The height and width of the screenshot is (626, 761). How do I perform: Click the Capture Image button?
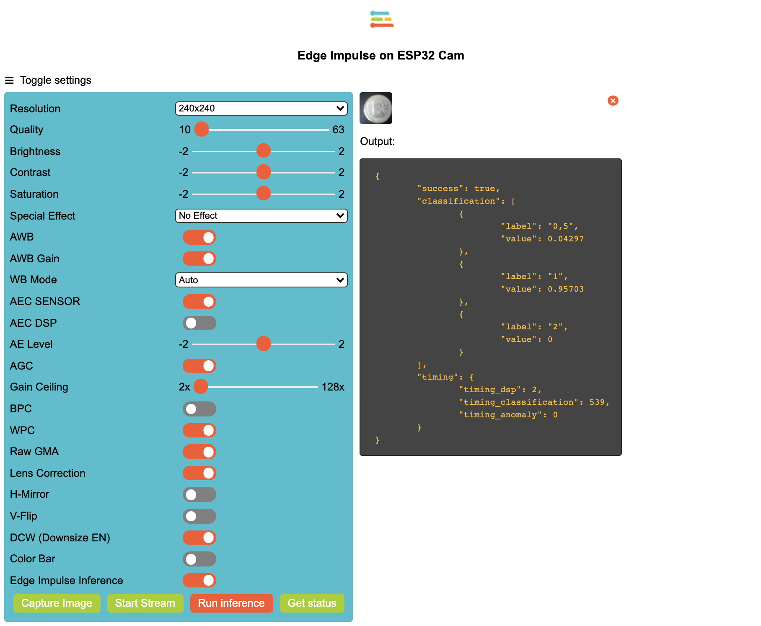pyautogui.click(x=57, y=603)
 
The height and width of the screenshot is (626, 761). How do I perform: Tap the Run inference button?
pyautogui.click(x=231, y=603)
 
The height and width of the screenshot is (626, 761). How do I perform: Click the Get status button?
pyautogui.click(x=312, y=603)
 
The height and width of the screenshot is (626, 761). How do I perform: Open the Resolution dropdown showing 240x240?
pyautogui.click(x=261, y=109)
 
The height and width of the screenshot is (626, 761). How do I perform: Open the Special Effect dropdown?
pyautogui.click(x=261, y=216)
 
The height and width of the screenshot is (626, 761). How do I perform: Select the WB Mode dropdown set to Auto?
pyautogui.click(x=261, y=280)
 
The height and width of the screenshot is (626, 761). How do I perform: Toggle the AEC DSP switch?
pyautogui.click(x=199, y=323)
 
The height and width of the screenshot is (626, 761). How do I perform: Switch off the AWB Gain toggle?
pyautogui.click(x=199, y=259)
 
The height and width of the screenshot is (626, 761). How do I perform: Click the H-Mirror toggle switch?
pyautogui.click(x=199, y=494)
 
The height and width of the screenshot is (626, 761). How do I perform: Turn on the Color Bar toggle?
pyautogui.click(x=199, y=559)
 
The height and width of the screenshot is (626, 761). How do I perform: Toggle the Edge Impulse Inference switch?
pyautogui.click(x=199, y=580)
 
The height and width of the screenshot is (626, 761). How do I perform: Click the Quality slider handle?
pyautogui.click(x=202, y=129)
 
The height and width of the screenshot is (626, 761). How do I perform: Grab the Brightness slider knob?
pyautogui.click(x=264, y=151)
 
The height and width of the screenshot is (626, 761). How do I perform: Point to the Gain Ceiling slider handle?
pyautogui.click(x=201, y=386)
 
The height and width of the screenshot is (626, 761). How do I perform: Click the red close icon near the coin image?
pyautogui.click(x=613, y=101)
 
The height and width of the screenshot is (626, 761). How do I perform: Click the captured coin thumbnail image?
pyautogui.click(x=376, y=108)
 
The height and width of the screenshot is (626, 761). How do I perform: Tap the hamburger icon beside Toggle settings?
pyautogui.click(x=9, y=80)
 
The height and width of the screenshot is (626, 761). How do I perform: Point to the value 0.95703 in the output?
pyautogui.click(x=565, y=289)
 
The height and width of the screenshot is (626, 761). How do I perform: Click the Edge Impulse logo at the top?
pyautogui.click(x=381, y=20)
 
